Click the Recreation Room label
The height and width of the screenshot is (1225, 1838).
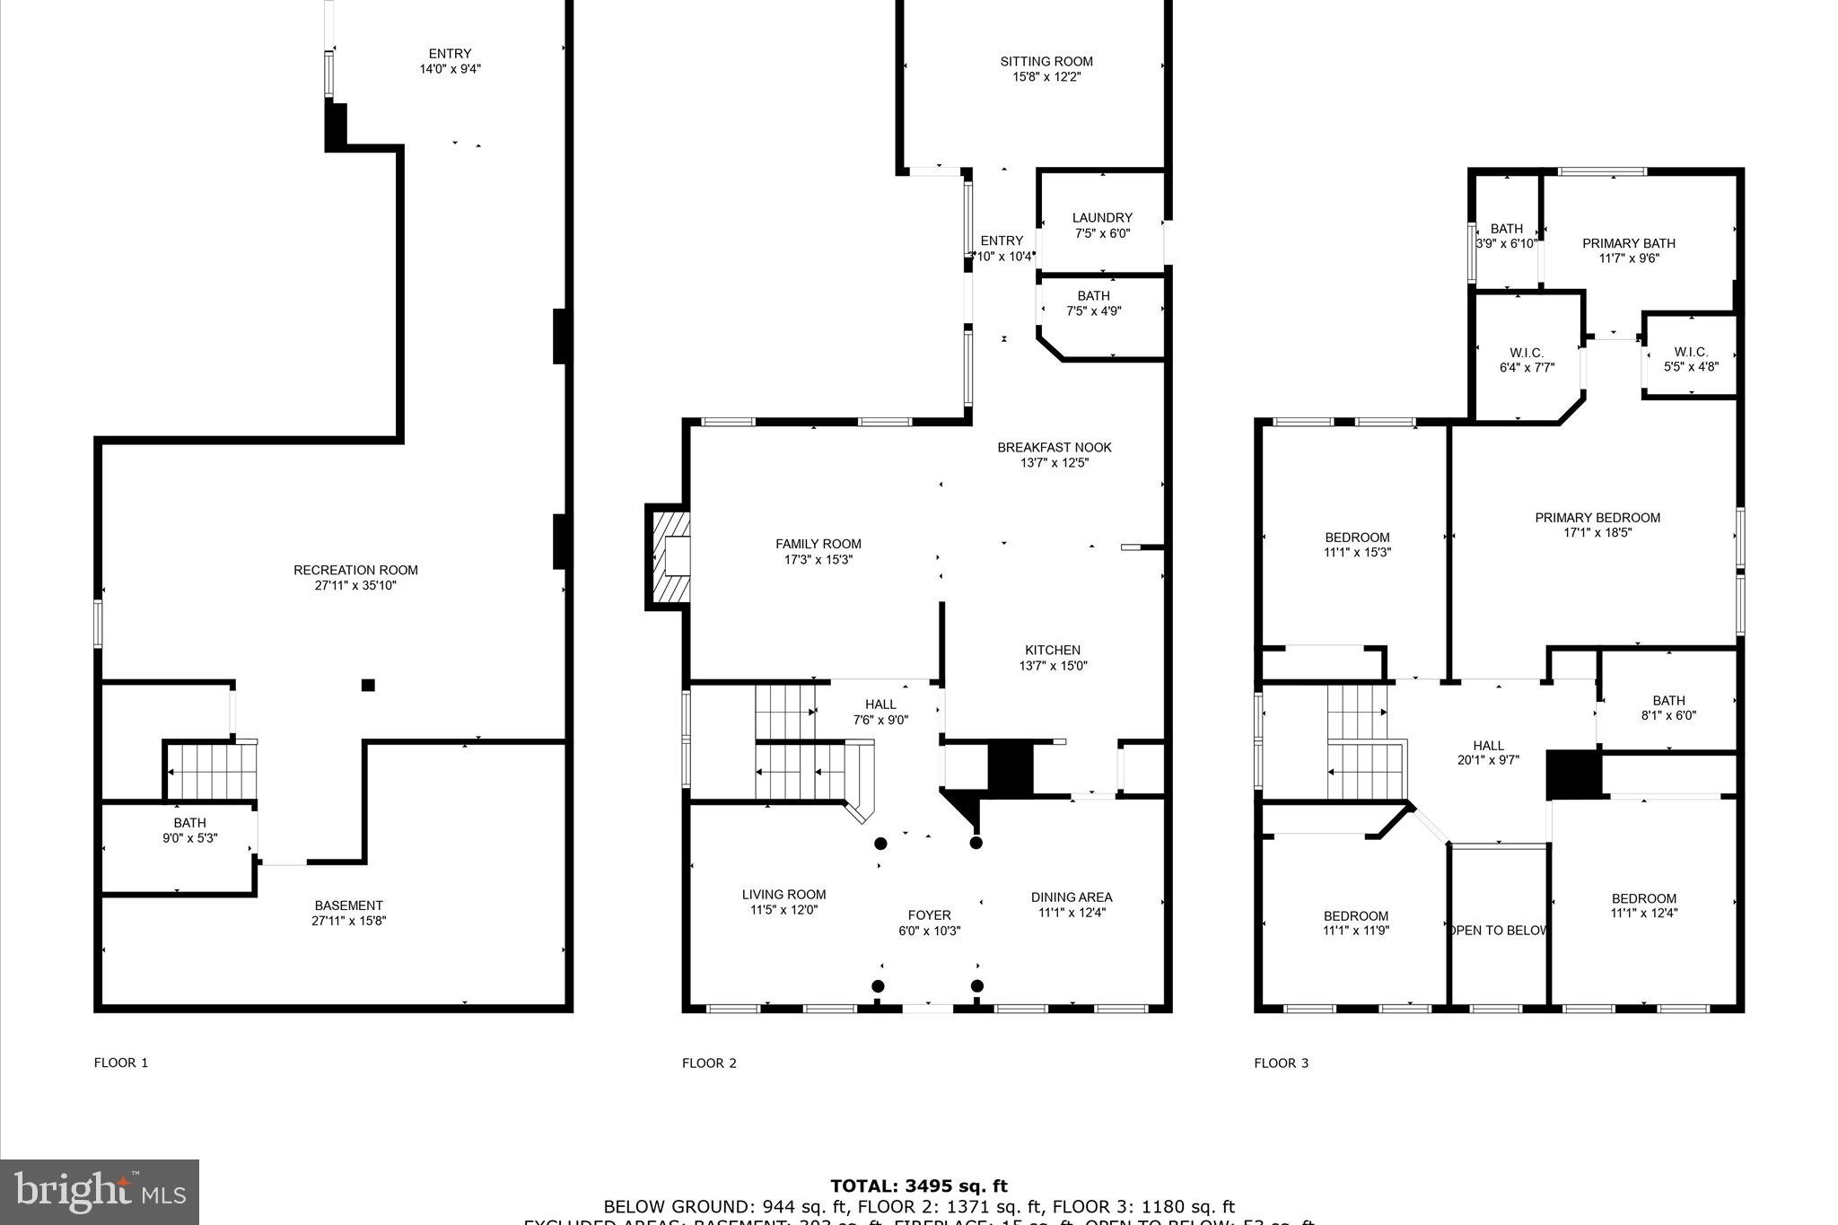[x=355, y=570]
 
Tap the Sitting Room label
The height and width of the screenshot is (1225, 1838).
[x=1046, y=62]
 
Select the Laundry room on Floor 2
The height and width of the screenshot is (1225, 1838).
[x=1102, y=224]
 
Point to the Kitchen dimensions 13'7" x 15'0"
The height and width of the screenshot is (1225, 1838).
[x=1053, y=666]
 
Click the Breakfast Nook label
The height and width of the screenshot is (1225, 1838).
[x=1055, y=448]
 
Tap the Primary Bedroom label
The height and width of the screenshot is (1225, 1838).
[x=1597, y=518]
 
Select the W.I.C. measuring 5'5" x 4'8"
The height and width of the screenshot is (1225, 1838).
[x=1691, y=359]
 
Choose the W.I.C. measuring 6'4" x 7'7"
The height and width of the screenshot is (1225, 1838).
[x=1527, y=360]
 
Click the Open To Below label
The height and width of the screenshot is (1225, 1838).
[x=1497, y=931]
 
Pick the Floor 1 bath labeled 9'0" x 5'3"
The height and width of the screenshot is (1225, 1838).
[x=189, y=830]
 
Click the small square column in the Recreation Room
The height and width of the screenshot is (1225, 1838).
[x=368, y=686]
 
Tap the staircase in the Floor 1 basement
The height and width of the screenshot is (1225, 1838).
[x=213, y=772]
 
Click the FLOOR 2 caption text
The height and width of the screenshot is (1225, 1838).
[x=709, y=1063]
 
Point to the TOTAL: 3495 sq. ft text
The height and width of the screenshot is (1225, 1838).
[x=919, y=1186]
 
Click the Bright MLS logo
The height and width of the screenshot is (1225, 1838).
[x=99, y=1192]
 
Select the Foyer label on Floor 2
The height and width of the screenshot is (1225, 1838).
[x=929, y=915]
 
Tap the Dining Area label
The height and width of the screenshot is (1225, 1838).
[x=1072, y=897]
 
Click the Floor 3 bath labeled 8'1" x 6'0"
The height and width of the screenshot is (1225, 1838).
[x=1668, y=708]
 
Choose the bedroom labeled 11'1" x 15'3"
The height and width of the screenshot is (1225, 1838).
[x=1357, y=545]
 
